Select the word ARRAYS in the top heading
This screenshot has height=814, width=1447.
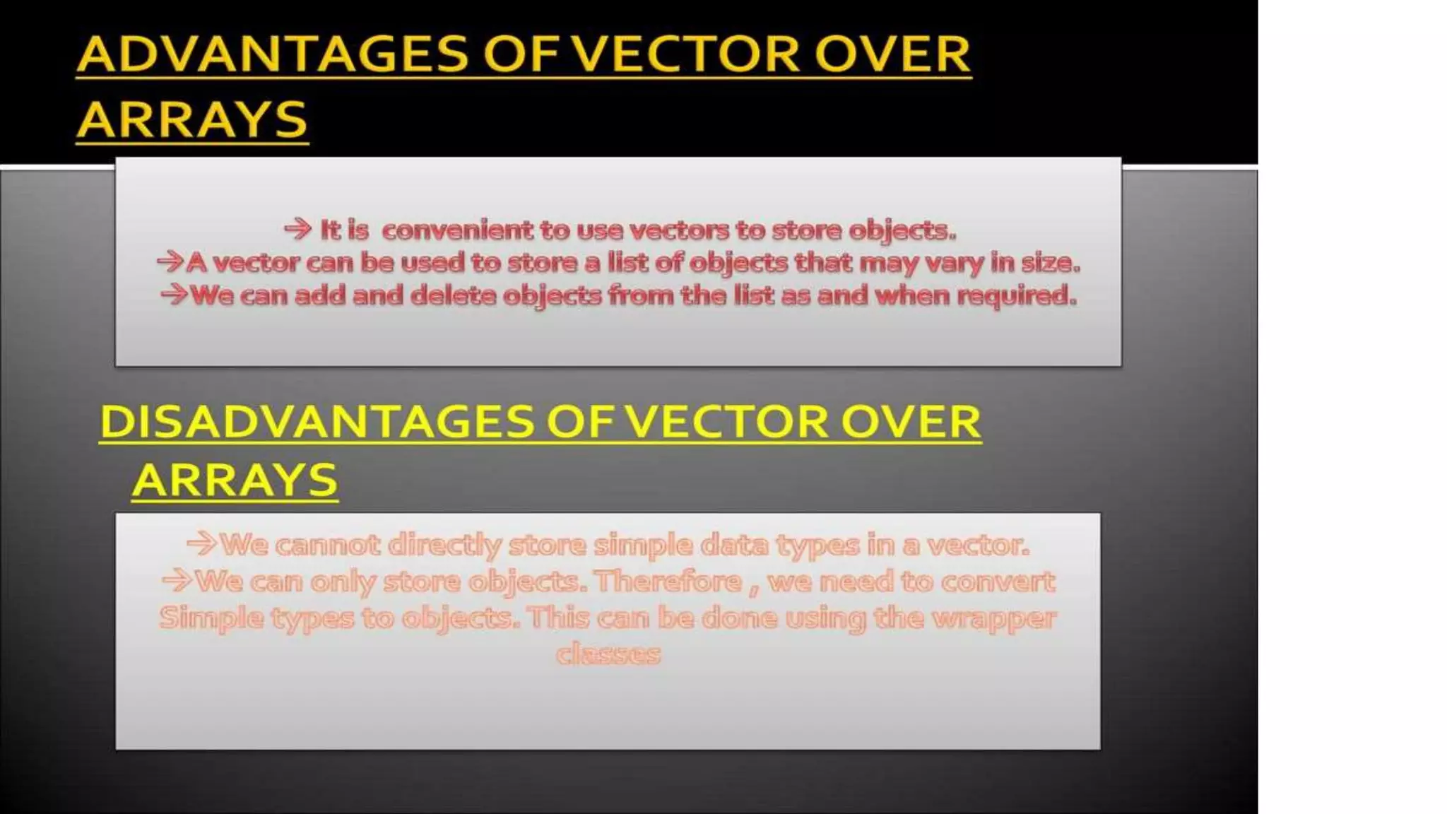[191, 119]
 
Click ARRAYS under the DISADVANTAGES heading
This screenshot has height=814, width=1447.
[235, 480]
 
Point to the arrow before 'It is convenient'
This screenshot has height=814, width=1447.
[297, 229]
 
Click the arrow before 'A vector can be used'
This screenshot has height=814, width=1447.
[170, 262]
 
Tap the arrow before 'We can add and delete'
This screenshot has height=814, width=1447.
[175, 294]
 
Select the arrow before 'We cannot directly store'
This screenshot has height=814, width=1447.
[201, 544]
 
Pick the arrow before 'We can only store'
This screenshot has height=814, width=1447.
[177, 581]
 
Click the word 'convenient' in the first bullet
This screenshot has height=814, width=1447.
[457, 230]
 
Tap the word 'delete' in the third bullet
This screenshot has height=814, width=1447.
[453, 295]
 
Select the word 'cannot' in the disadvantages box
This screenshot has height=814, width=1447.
[327, 545]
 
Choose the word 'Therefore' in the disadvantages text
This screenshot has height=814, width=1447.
[668, 582]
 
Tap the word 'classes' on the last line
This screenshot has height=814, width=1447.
[608, 654]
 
